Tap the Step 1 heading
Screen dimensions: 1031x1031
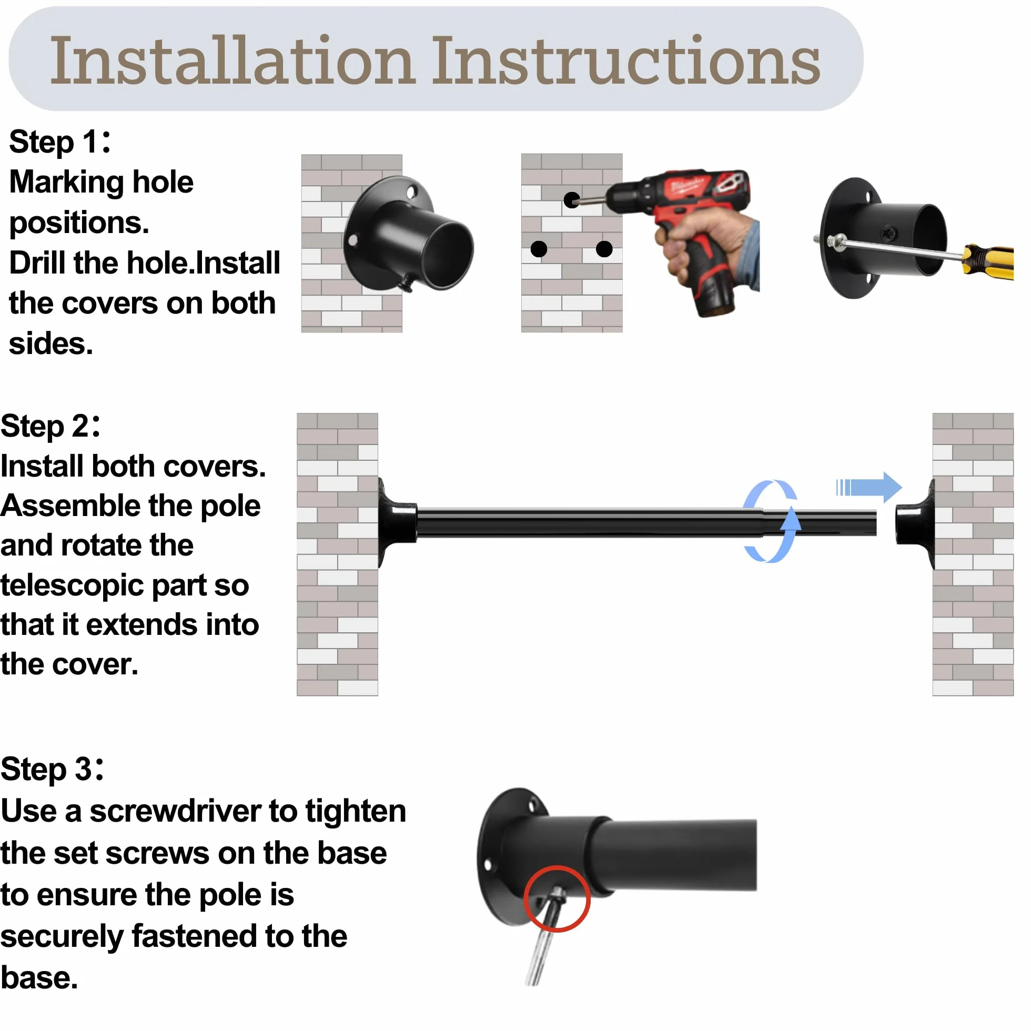[60, 143]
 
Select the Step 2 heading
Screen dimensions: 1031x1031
[50, 427]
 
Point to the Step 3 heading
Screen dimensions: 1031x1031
[52, 770]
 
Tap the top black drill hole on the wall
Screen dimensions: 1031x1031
[572, 200]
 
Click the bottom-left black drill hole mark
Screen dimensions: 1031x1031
[539, 249]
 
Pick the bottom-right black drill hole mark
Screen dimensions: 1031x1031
[604, 249]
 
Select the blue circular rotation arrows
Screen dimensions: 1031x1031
[772, 521]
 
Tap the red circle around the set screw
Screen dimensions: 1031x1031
[557, 898]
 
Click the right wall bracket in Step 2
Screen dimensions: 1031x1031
[916, 524]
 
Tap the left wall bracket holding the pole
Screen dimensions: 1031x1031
[397, 523]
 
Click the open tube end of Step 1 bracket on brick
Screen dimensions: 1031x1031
[451, 255]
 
